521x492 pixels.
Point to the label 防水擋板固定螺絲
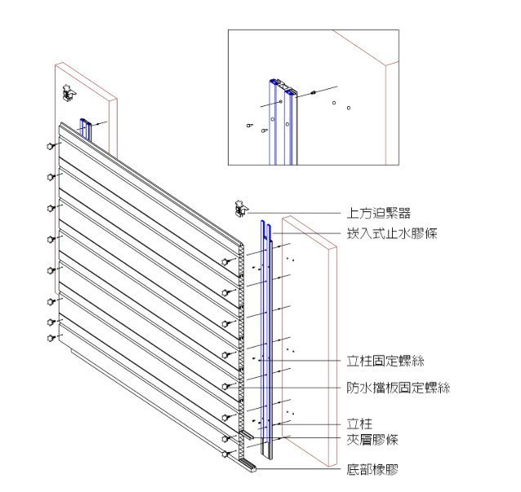click(x=397, y=388)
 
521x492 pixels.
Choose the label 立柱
click(x=359, y=424)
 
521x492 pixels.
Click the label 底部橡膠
click(x=371, y=470)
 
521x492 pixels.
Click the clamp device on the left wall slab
click(x=69, y=93)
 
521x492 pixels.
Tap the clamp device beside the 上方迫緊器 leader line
click(x=241, y=208)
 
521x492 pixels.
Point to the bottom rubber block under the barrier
click(x=249, y=468)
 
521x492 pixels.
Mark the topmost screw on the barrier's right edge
click(x=225, y=261)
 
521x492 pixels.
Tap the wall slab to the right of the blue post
click(x=310, y=343)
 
